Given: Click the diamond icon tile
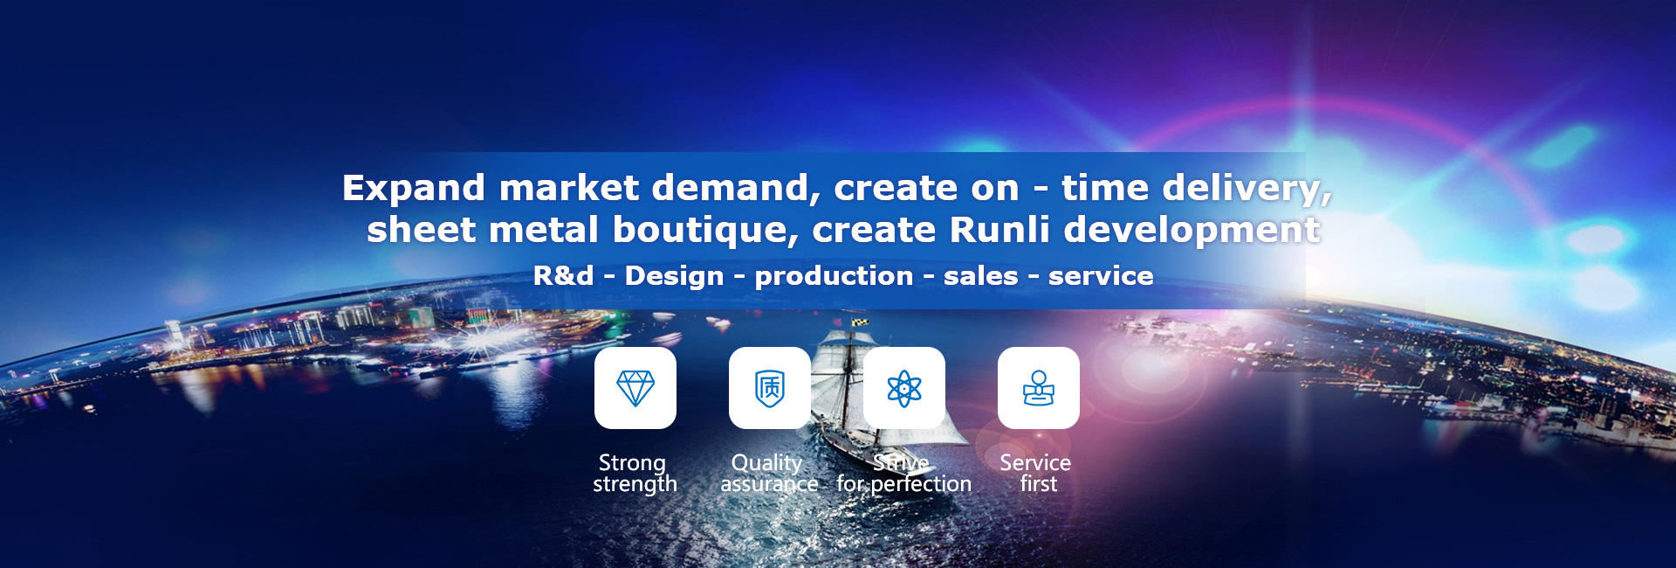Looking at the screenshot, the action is [x=635, y=388].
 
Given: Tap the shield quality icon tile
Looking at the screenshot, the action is [x=770, y=388].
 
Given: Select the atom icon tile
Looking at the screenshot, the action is [x=904, y=388].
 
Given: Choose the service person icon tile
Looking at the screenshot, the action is [x=1039, y=388].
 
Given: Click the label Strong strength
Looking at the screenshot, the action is [x=635, y=474].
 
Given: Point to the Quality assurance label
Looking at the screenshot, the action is [x=769, y=474].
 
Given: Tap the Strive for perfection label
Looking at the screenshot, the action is [x=903, y=474].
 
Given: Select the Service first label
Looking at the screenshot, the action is [x=1036, y=474].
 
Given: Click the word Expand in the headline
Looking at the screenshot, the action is [x=414, y=189].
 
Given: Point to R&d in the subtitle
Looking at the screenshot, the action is [x=563, y=276].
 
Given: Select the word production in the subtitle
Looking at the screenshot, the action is [x=834, y=277].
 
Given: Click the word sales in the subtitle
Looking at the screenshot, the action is [x=980, y=276].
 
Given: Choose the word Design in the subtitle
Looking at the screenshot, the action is [x=674, y=277].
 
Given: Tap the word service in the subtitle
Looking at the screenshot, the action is [x=1101, y=276].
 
